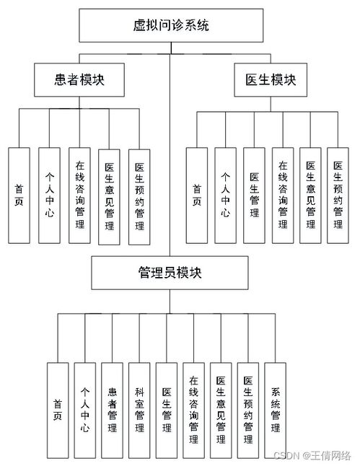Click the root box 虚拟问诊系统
tap(171, 27)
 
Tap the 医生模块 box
tap(271, 80)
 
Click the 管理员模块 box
tap(170, 272)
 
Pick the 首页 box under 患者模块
tap(19, 195)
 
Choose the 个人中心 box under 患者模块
tap(48, 195)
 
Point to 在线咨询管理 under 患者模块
tap(79, 195)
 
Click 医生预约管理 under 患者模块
tap(139, 195)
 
